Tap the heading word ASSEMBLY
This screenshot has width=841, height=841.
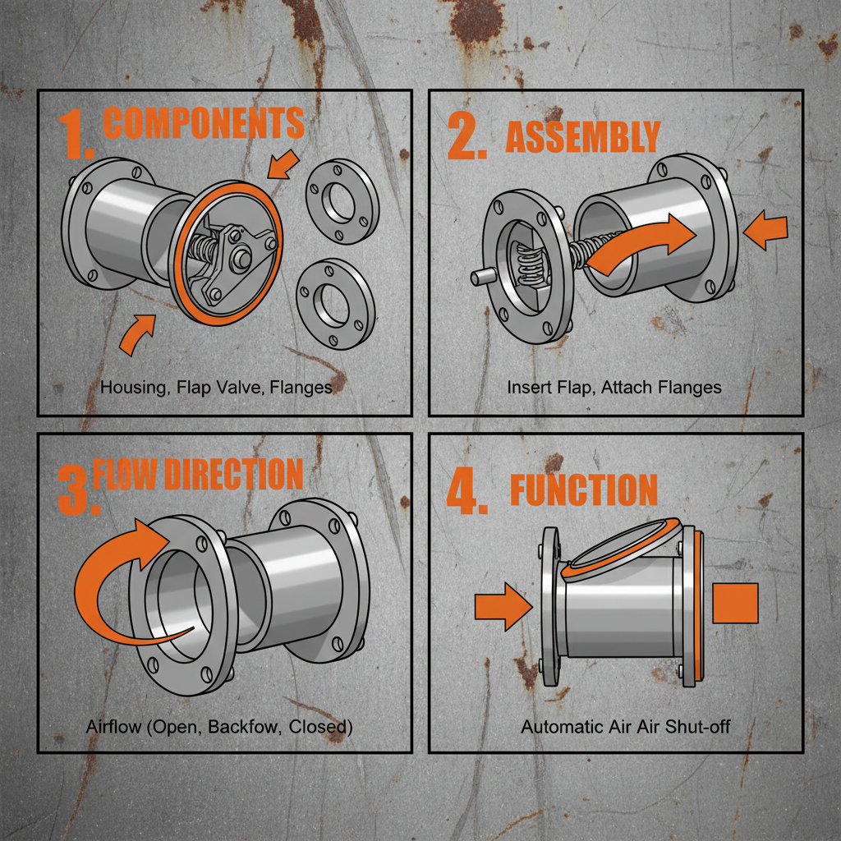(x=582, y=137)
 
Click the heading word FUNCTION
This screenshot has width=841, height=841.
(x=584, y=490)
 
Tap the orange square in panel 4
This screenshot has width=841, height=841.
(x=734, y=604)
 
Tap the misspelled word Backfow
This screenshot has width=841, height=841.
(x=238, y=727)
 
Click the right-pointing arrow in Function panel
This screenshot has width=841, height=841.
(x=503, y=606)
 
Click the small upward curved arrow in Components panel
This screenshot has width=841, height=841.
(x=136, y=334)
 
